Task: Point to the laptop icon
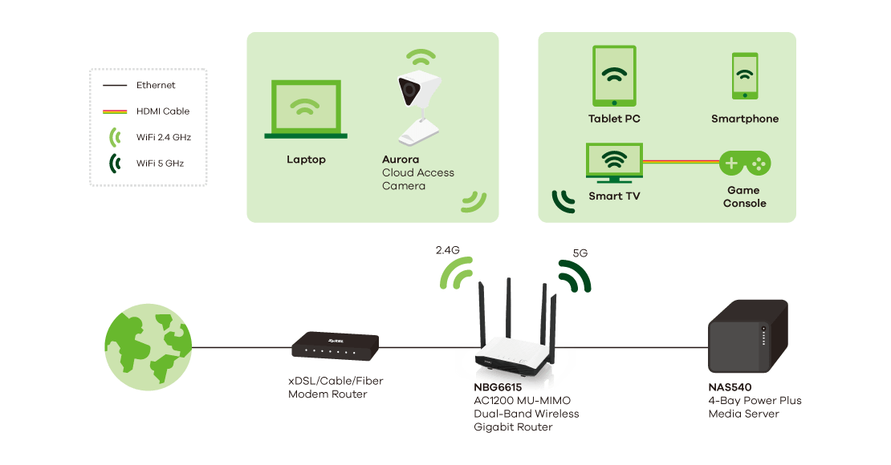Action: coord(306,111)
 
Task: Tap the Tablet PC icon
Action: coord(615,75)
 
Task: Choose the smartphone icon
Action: coord(745,76)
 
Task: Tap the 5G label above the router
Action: coord(580,253)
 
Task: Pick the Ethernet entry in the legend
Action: coord(156,85)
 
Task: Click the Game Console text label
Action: coord(744,197)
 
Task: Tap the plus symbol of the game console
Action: coord(731,164)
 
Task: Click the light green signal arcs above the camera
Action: coord(420,58)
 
